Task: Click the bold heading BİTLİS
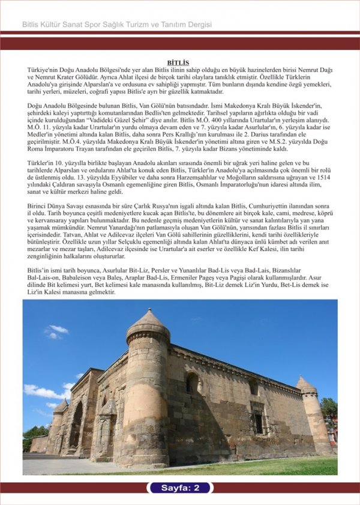(x=178, y=62)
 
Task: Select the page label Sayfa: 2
(x=180, y=488)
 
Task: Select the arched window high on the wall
(x=192, y=383)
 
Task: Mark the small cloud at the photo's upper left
(x=56, y=330)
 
